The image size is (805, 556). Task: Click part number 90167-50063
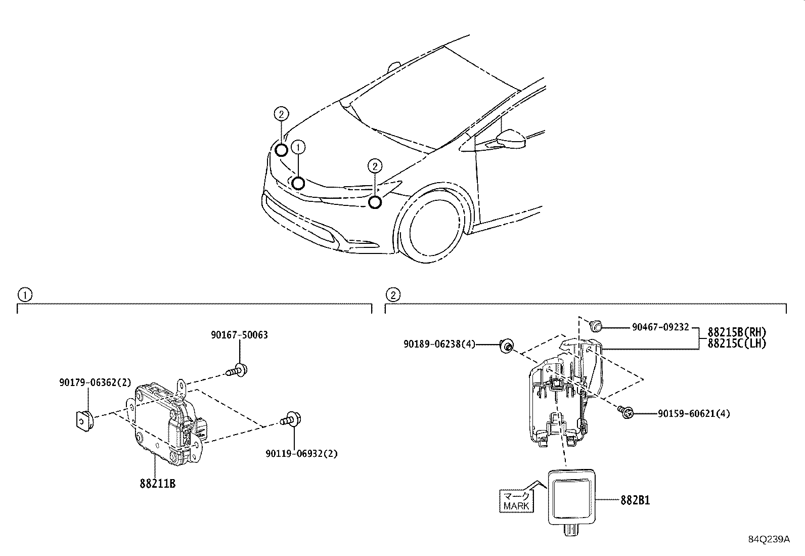pos(239,335)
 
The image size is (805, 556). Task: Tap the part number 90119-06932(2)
pos(301,453)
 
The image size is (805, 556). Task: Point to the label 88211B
pos(158,484)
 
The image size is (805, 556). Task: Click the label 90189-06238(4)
pos(439,344)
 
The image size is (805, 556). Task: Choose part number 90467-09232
pos(660,327)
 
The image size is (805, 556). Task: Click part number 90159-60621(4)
pos(694,414)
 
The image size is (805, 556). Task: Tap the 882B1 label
pos(635,500)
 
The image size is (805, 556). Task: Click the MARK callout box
pos(516,501)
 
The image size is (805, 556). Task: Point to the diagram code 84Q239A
pos(769,539)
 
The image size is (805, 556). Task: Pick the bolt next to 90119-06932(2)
pos(291,419)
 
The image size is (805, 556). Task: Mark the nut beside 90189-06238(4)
pos(506,346)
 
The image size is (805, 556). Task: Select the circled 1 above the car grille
pos(299,147)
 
